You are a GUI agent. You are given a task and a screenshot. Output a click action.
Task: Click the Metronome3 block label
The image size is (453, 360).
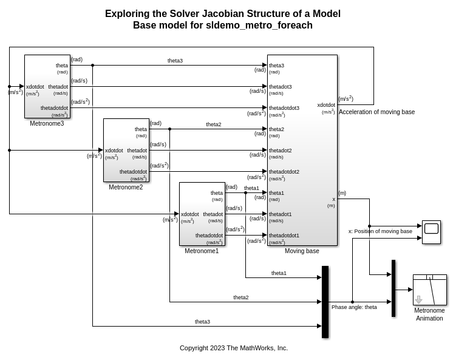pos(47,124)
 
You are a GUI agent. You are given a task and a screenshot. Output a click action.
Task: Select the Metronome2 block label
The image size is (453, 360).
pos(126,187)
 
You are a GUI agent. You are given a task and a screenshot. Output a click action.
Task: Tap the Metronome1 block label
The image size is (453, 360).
pos(202,251)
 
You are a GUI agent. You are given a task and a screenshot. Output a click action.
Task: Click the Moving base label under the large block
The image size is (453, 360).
pos(302,251)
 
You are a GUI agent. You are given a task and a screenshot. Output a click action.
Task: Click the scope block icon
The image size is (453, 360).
pos(431,232)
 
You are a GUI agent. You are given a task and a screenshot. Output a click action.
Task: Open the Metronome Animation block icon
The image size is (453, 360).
pos(429,290)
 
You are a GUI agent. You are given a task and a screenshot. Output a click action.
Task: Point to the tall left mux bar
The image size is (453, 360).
pos(325,302)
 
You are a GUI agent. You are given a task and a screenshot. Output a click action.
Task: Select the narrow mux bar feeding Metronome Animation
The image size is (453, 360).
pos(393,288)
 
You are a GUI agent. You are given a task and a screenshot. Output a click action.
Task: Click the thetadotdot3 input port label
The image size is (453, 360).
pos(284,108)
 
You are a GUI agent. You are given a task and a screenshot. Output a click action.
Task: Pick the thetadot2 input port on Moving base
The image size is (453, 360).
pos(280,151)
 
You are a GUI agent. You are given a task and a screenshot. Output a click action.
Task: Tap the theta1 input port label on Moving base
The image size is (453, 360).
pos(276,193)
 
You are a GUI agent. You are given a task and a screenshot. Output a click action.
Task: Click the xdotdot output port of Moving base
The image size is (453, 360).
pos(326,105)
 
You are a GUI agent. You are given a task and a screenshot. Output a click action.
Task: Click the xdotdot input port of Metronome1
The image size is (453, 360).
pos(190,214)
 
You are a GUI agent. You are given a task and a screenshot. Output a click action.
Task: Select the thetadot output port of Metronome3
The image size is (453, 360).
pos(58,87)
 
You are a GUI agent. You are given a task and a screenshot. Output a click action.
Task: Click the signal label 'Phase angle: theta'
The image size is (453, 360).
pos(354,307)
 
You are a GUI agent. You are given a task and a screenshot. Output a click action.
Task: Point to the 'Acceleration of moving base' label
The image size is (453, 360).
pos(376,112)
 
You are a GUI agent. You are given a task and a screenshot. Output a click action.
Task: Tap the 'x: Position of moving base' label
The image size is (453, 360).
pos(380,231)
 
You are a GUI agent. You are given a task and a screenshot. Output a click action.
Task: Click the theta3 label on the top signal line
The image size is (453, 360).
pos(175,61)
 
